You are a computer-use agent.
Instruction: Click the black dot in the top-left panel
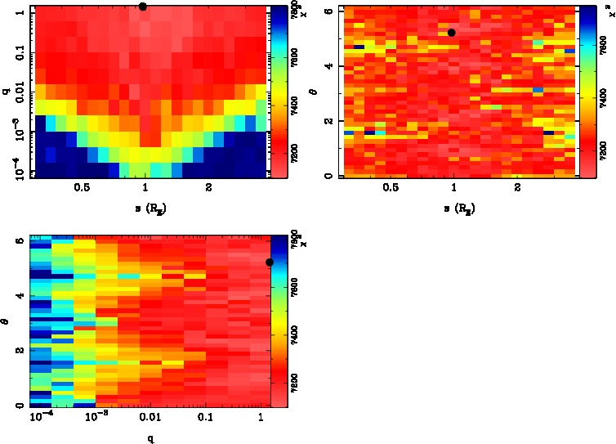click(x=143, y=7)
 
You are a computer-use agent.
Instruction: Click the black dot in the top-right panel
click(x=451, y=33)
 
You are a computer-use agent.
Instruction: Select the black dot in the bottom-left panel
click(x=270, y=262)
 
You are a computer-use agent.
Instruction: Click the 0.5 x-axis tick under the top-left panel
click(x=82, y=187)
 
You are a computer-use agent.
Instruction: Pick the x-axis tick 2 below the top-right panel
click(x=518, y=187)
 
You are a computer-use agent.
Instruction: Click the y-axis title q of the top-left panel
click(x=6, y=92)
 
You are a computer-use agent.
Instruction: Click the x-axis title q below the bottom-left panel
click(x=151, y=437)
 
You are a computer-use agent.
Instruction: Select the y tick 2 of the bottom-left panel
click(x=19, y=350)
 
